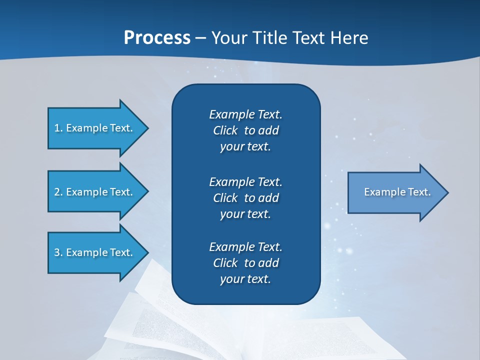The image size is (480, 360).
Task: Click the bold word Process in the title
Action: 157,38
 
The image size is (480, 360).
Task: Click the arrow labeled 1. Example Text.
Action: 95,128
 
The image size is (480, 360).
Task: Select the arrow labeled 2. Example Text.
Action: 95,192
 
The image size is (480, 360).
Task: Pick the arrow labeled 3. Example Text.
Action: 95,252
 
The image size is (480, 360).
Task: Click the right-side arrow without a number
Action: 395,192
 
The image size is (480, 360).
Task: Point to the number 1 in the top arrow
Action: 57,128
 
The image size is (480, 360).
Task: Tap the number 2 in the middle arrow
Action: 57,192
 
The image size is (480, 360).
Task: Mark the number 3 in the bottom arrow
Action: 57,252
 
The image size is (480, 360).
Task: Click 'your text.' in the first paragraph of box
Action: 245,147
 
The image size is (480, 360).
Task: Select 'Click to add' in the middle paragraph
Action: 245,198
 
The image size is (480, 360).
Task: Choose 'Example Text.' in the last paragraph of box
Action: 245,247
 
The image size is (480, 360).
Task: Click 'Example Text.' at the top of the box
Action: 245,114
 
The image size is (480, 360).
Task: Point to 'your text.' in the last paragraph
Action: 245,279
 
